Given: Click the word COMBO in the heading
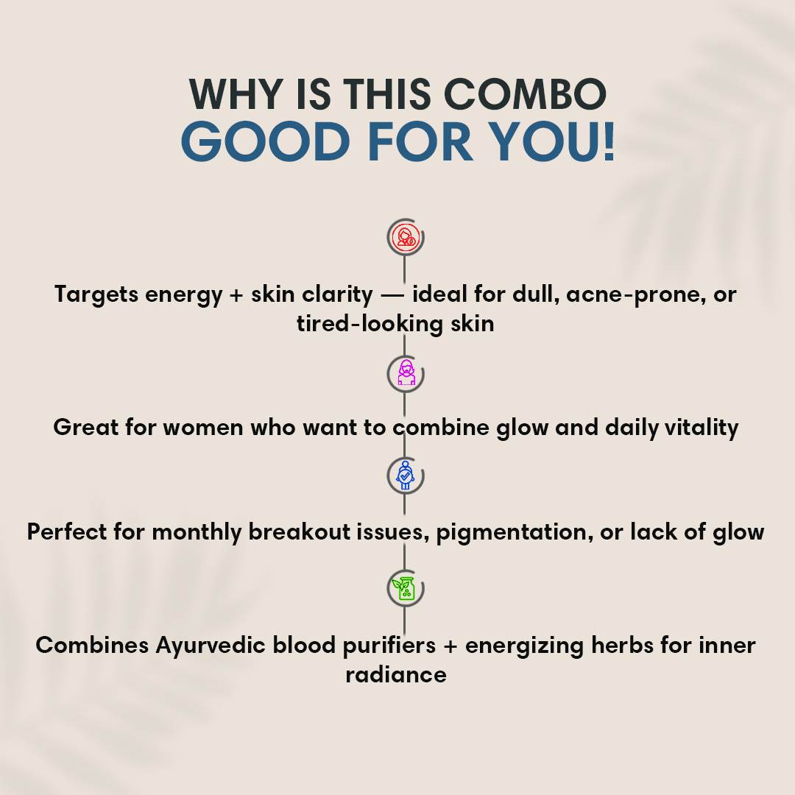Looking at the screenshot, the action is pyautogui.click(x=525, y=94).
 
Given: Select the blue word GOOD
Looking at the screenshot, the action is pyautogui.click(x=265, y=141).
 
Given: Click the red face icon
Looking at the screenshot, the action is pyautogui.click(x=406, y=237).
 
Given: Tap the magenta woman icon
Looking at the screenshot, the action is pyautogui.click(x=406, y=372).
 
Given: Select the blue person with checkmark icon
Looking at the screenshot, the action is pyautogui.click(x=405, y=475).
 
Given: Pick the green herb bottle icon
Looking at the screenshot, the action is pyautogui.click(x=404, y=588).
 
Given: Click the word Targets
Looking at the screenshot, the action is pyautogui.click(x=96, y=294).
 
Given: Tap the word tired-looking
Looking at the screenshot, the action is pyautogui.click(x=370, y=324).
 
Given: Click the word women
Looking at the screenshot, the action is pyautogui.click(x=203, y=428).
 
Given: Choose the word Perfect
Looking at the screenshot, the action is pyautogui.click(x=66, y=532).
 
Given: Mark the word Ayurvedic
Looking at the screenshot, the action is pyautogui.click(x=210, y=646).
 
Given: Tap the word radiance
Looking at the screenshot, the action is pyautogui.click(x=396, y=675).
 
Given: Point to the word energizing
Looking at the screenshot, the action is pyautogui.click(x=524, y=646).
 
